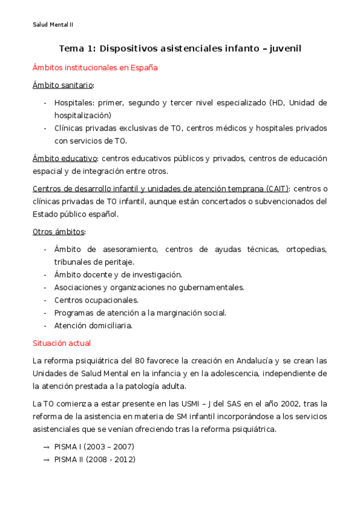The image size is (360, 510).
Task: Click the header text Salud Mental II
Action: click(53, 25)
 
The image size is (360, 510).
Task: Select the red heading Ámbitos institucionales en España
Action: click(95, 68)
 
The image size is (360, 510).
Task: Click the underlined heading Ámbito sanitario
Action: click(63, 85)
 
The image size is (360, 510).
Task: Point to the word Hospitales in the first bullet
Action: click(74, 102)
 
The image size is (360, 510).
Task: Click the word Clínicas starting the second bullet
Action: click(69, 128)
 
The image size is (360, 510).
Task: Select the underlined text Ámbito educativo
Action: click(65, 158)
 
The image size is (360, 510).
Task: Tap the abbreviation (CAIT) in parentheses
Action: click(272, 188)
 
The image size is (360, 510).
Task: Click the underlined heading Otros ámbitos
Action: click(58, 232)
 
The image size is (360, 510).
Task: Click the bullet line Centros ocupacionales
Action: click(96, 300)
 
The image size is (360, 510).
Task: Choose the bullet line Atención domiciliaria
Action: click(93, 326)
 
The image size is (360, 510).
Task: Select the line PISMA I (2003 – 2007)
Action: click(94, 447)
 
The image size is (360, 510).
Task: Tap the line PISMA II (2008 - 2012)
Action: click(94, 459)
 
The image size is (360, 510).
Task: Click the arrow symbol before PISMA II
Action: click(46, 459)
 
